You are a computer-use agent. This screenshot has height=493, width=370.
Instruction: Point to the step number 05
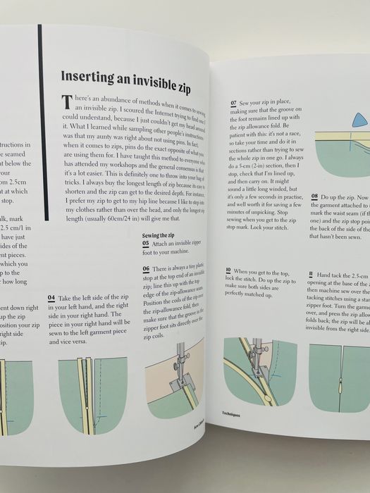point(146,243)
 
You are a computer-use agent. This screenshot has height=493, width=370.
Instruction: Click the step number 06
point(146,269)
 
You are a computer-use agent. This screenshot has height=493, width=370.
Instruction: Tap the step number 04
point(51,298)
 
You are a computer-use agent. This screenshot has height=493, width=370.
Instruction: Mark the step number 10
point(228,270)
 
